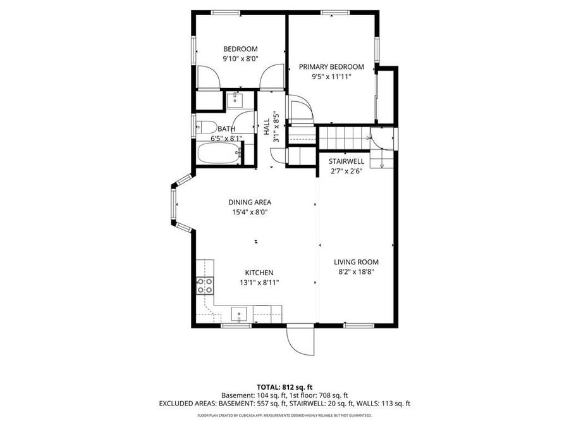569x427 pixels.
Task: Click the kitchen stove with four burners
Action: pos(205,286)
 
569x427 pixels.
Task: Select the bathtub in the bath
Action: pos(218,153)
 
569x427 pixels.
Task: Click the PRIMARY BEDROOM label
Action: pos(331,66)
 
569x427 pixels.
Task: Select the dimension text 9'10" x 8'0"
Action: pos(240,59)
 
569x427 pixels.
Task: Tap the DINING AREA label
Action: pos(250,202)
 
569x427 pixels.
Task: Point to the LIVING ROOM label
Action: pos(357,262)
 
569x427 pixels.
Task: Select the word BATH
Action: pos(226,128)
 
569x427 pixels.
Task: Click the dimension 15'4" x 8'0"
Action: pos(250,213)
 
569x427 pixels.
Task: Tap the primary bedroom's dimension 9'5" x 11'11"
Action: pos(331,77)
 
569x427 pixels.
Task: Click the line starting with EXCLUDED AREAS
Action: pos(284,403)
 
